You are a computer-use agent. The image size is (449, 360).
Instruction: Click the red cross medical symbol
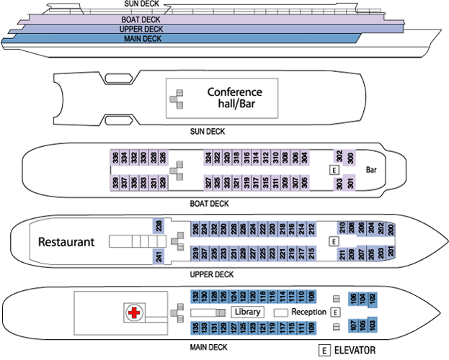click(133, 312)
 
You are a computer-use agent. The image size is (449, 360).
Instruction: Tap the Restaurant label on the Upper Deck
click(66, 241)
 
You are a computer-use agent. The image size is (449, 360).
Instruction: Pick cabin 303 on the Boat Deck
click(339, 184)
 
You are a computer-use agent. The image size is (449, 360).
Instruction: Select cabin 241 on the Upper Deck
click(159, 255)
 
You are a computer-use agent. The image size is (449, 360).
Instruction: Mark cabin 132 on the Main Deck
click(196, 296)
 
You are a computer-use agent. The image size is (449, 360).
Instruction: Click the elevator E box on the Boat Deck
click(333, 170)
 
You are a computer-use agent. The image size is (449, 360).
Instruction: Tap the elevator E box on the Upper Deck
click(333, 241)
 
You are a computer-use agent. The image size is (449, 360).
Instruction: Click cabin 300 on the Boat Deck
click(351, 158)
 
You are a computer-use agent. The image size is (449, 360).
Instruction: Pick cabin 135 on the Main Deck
click(196, 328)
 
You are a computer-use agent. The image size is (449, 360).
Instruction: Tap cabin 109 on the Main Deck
click(311, 328)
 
